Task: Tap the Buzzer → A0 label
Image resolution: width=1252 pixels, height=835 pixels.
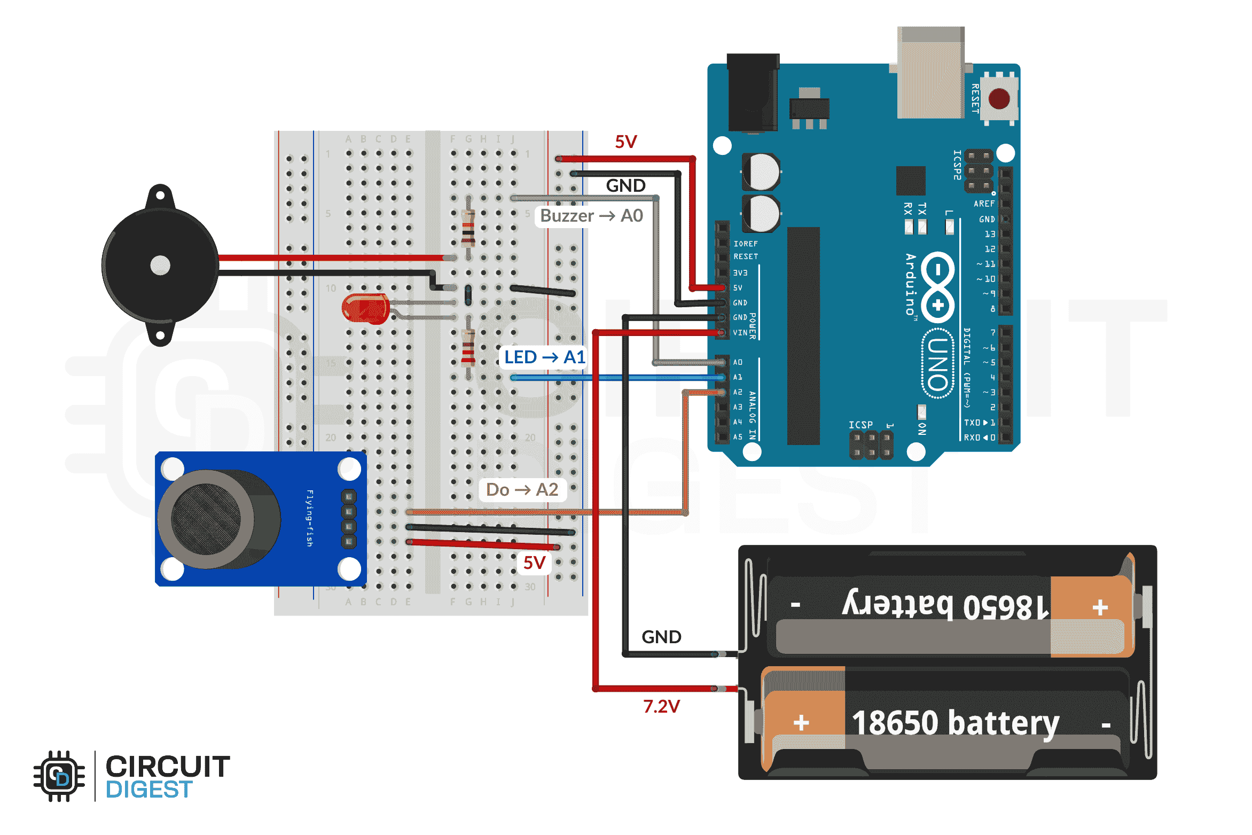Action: click(x=591, y=216)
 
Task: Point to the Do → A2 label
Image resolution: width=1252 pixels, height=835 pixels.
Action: click(x=522, y=489)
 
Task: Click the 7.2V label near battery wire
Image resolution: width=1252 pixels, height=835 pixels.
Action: click(x=661, y=707)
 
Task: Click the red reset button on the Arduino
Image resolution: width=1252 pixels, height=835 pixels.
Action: click(x=999, y=99)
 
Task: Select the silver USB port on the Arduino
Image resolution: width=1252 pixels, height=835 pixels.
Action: click(x=930, y=72)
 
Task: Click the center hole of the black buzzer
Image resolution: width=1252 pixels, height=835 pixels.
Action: click(x=160, y=265)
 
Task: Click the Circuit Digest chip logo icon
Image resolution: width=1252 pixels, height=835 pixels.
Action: click(x=59, y=776)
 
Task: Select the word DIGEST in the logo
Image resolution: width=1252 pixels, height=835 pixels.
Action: click(x=149, y=790)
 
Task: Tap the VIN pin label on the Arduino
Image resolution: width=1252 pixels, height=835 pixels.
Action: click(x=740, y=333)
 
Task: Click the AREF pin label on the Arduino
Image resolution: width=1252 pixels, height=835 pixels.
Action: click(x=983, y=204)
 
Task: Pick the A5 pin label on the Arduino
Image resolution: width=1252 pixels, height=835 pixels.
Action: click(x=738, y=437)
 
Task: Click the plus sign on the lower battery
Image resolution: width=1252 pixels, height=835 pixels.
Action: click(x=801, y=723)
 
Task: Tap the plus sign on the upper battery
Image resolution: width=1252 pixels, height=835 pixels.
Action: click(x=1100, y=607)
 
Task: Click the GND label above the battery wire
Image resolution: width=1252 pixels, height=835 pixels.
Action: click(x=661, y=637)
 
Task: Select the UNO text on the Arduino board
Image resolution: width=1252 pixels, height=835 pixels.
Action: click(x=938, y=364)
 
